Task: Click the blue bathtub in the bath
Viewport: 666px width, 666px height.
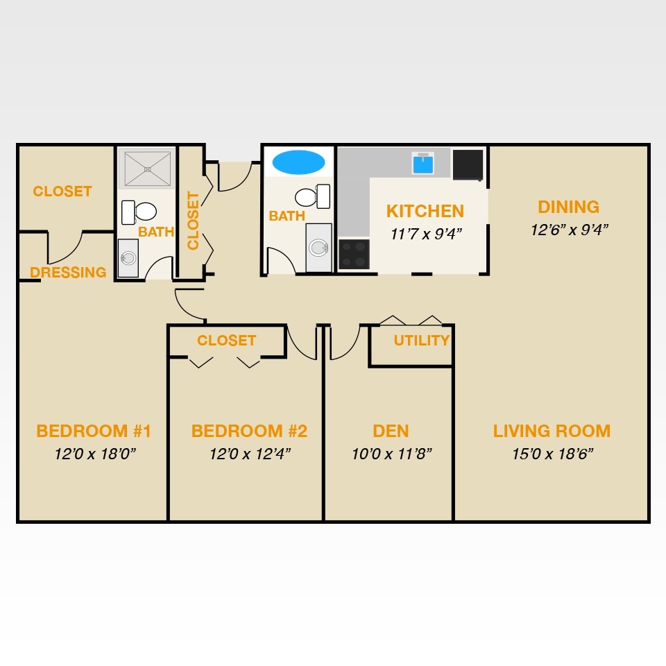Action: pyautogui.click(x=298, y=162)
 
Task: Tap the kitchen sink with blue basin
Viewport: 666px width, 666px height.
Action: pyautogui.click(x=422, y=163)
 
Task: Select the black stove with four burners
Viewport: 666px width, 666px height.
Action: pyautogui.click(x=354, y=254)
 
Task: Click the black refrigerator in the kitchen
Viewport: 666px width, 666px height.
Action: pyautogui.click(x=468, y=164)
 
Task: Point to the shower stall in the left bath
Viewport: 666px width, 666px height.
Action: pyautogui.click(x=146, y=168)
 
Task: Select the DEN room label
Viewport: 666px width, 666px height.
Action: pyautogui.click(x=391, y=431)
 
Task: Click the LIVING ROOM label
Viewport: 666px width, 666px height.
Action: pyautogui.click(x=552, y=431)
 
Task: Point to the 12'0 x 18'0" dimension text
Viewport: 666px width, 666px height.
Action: pyautogui.click(x=94, y=454)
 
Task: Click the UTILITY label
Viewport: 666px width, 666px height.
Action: pyautogui.click(x=422, y=341)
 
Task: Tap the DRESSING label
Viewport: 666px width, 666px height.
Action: pyautogui.click(x=68, y=273)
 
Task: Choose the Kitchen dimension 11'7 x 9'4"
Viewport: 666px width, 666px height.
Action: pyautogui.click(x=426, y=234)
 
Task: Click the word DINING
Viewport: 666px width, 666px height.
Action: pyautogui.click(x=568, y=207)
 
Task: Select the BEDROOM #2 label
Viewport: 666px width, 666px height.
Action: pyautogui.click(x=249, y=431)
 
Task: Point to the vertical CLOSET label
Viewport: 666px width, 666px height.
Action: pyautogui.click(x=193, y=221)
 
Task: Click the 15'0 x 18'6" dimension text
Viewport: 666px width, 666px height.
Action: pyautogui.click(x=552, y=454)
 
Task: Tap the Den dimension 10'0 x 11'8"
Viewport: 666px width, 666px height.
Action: pyautogui.click(x=391, y=454)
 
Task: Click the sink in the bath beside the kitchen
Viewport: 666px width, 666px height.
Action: pyautogui.click(x=318, y=248)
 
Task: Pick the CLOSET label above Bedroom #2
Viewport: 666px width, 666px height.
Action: pyautogui.click(x=226, y=341)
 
